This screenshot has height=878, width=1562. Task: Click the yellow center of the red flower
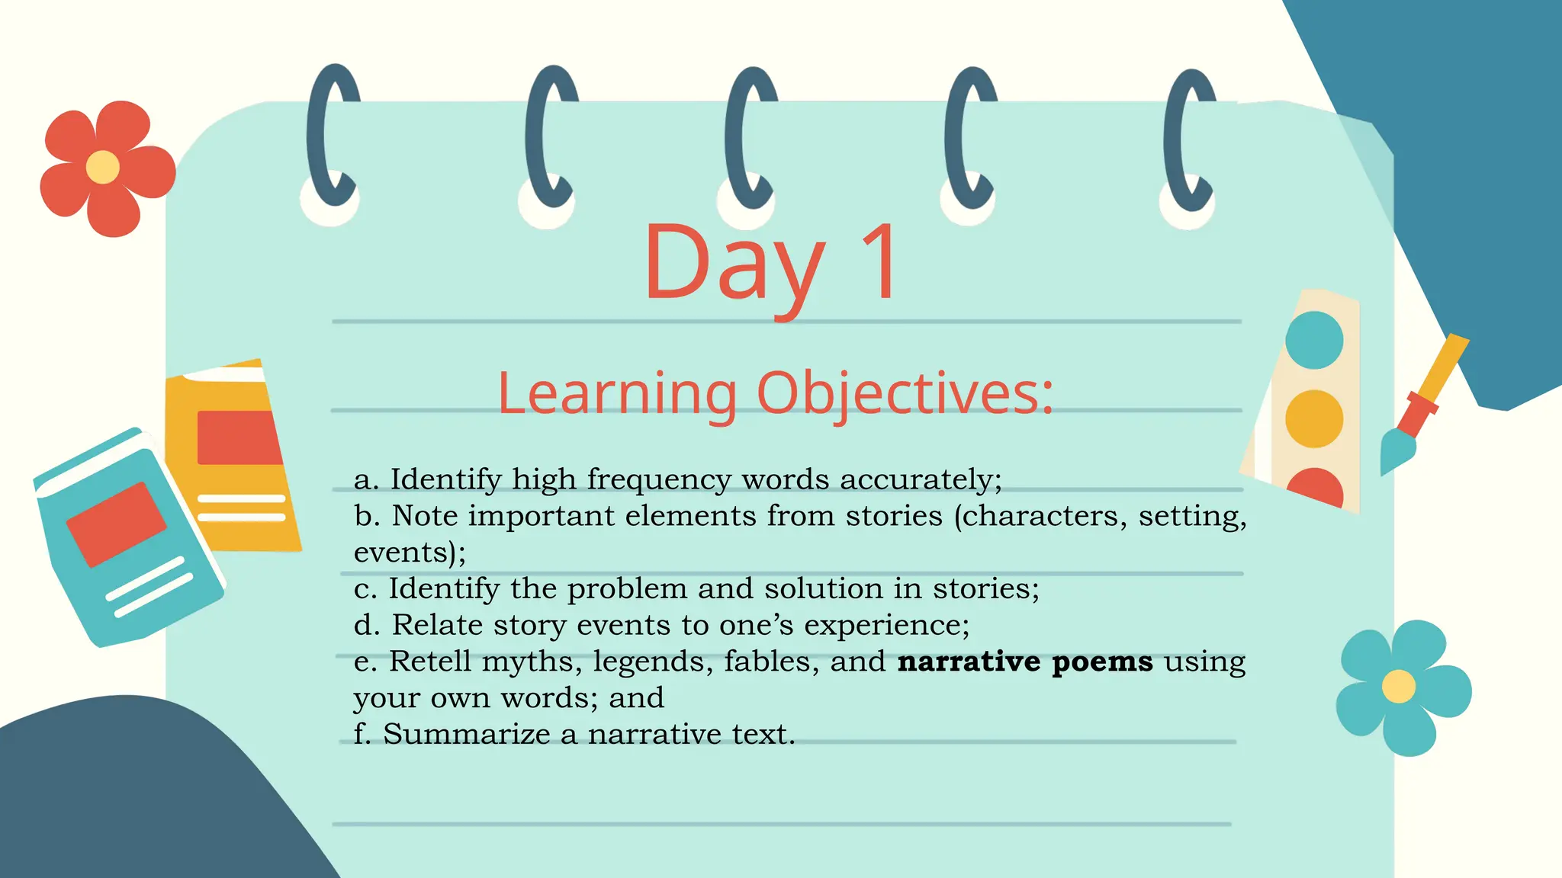coord(102,168)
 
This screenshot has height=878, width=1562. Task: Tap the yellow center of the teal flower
coord(1398,686)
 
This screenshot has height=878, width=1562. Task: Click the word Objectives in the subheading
coord(905,393)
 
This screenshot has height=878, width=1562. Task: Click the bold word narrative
coord(969,662)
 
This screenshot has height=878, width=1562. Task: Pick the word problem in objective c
coord(627,589)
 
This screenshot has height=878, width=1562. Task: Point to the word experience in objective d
coord(886,626)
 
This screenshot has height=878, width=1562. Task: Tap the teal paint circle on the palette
coord(1314,340)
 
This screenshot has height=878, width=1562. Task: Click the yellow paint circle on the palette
coord(1314,418)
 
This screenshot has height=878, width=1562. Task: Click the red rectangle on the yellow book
coord(238,437)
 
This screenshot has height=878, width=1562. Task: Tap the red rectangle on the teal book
coord(116,524)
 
